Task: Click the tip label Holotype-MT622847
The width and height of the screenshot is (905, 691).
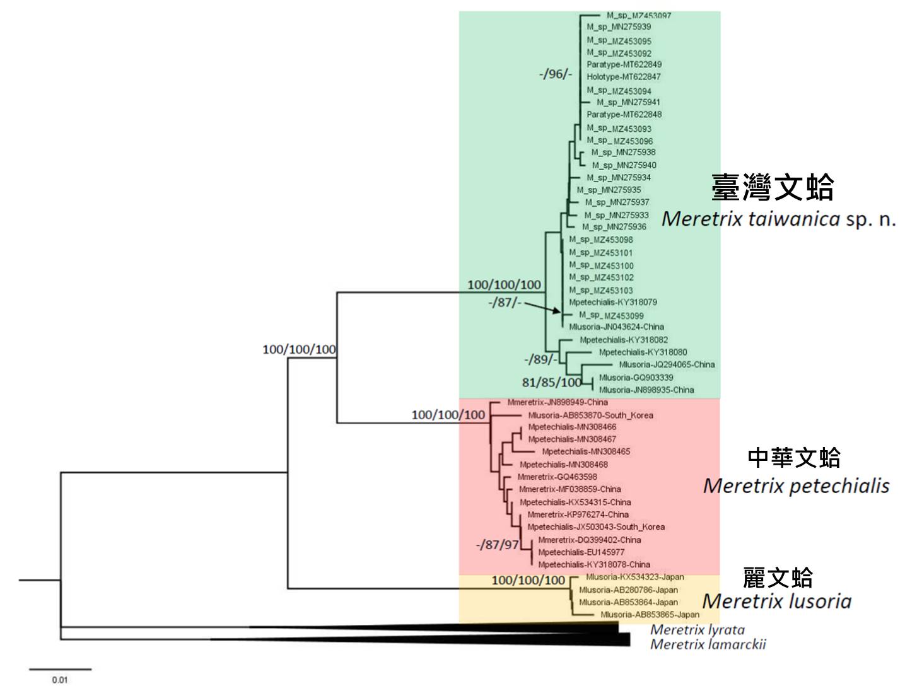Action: (x=623, y=77)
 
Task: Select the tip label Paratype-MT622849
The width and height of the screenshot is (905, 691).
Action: (x=624, y=64)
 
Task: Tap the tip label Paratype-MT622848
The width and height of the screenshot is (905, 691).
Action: (x=624, y=115)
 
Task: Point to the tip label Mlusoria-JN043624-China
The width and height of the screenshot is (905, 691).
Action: (x=616, y=327)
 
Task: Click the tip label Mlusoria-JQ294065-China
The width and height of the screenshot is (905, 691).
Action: (x=667, y=364)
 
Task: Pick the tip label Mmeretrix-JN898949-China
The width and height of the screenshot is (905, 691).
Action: (x=558, y=402)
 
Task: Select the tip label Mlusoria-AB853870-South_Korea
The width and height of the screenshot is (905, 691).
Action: (x=590, y=415)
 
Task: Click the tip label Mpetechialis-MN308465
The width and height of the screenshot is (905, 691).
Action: (x=586, y=451)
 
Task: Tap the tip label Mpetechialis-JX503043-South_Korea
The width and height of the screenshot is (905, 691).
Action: (x=596, y=527)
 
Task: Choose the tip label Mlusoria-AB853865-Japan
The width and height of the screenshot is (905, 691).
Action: (x=650, y=615)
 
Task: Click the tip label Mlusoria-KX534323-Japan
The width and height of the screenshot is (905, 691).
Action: (x=634, y=577)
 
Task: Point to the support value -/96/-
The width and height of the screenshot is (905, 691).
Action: (x=555, y=74)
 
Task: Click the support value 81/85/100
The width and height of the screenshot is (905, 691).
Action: (x=551, y=383)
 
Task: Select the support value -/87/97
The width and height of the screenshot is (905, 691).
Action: (x=498, y=545)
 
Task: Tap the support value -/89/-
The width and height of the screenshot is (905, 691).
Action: (x=540, y=359)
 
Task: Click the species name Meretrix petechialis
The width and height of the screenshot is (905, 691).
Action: (x=796, y=486)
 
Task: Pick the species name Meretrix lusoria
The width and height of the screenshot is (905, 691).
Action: (x=776, y=601)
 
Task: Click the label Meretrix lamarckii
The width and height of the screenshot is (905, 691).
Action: (x=708, y=644)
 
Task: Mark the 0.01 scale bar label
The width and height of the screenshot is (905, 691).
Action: (x=60, y=680)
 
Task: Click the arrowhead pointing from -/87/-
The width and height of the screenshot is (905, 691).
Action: (x=557, y=311)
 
